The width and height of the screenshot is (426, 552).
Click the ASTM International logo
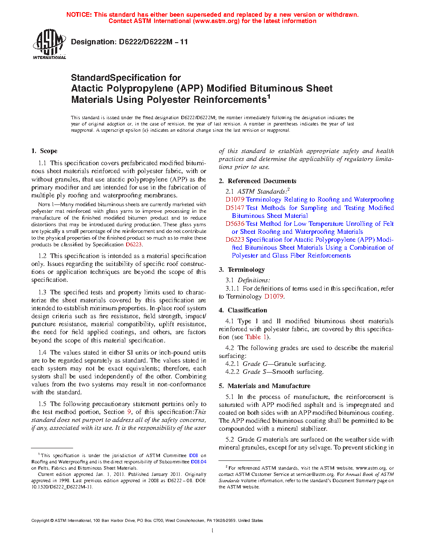coord(49,44)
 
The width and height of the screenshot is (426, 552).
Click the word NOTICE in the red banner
coord(79,15)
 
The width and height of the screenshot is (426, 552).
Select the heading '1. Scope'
coord(44,151)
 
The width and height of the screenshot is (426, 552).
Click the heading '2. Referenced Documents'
coord(257,181)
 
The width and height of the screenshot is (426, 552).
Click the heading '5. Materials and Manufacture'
coord(264,386)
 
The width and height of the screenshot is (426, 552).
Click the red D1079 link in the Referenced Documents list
coord(235,199)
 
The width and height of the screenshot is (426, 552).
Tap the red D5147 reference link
coord(235,208)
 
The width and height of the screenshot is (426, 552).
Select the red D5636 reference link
coord(235,224)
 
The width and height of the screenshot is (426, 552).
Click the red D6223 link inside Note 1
coord(134,245)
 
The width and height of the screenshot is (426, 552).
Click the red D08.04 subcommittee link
coord(198,462)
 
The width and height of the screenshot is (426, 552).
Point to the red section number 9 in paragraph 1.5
coord(129,412)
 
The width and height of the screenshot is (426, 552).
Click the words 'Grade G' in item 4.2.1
coord(252,364)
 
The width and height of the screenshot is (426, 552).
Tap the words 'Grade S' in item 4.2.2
coord(252,372)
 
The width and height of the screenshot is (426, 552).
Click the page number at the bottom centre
coord(213,531)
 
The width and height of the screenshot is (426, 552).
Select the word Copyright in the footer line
coord(40,521)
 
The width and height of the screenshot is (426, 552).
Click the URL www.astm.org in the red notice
coord(216,21)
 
